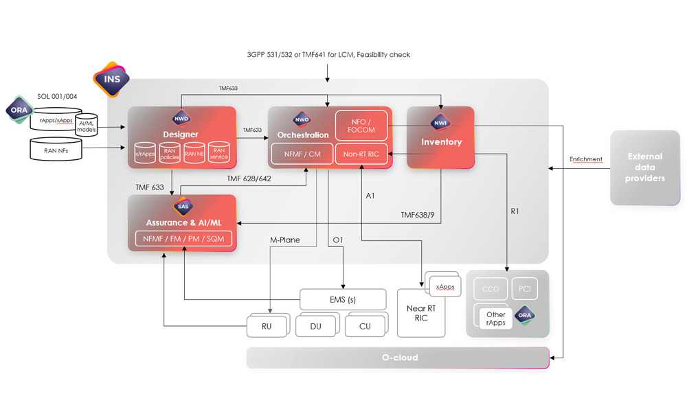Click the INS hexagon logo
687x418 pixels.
pos(111,79)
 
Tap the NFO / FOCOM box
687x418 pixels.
pos(361,125)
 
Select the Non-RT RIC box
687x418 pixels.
pos(361,154)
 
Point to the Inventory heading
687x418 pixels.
pos(441,142)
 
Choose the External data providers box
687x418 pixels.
pos(645,167)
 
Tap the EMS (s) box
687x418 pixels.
pos(338,299)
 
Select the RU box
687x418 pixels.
pos(267,326)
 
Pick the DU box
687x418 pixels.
pos(316,326)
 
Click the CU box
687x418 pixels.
pos(365,326)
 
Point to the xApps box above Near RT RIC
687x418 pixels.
pos(445,287)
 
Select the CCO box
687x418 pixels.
pos(490,289)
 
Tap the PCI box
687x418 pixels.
pos(525,289)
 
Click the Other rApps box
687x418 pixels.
pos(495,318)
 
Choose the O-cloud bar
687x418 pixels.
pos(398,358)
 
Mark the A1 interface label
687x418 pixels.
pos(370,196)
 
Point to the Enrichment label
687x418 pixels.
pos(585,159)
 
